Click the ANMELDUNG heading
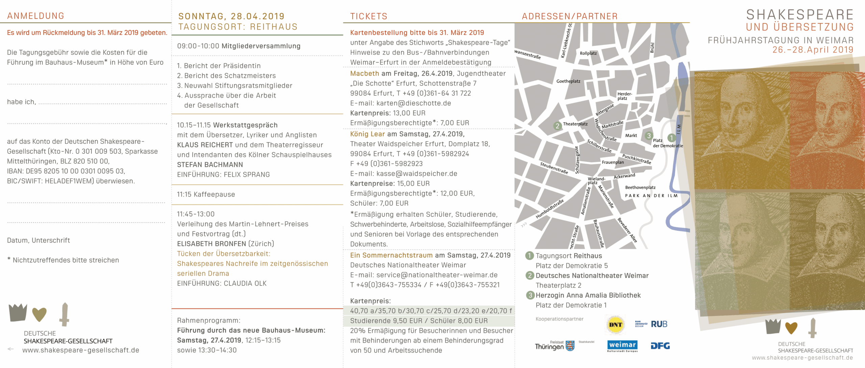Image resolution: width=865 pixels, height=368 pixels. pos(35,16)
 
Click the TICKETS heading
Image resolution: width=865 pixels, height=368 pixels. pos(369,16)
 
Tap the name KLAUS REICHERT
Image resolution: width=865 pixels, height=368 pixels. pos(205,145)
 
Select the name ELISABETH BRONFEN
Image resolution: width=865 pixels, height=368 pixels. pos(212,244)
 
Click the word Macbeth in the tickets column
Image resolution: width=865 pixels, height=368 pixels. pos(365,74)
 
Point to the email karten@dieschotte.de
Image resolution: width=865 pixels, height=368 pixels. pos(414,103)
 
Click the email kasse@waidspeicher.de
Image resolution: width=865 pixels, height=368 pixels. pos(417,174)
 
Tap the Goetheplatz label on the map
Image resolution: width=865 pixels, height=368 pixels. pos(568,81)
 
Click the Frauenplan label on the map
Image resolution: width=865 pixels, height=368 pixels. pos(613,162)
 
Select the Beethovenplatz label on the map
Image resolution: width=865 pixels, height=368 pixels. pos(640,187)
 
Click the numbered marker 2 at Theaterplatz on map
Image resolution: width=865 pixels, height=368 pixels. pos(557,126)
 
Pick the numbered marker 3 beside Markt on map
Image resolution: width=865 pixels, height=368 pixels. pos(648,136)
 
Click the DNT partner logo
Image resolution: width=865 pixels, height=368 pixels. pos(615,324)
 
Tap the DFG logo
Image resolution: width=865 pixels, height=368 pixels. pos(660,346)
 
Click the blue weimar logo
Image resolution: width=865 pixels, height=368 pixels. pos(622,345)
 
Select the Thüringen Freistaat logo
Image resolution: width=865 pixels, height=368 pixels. pos(554,346)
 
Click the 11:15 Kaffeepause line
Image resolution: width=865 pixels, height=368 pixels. pos(206,194)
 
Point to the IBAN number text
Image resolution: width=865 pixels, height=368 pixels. pos(66,171)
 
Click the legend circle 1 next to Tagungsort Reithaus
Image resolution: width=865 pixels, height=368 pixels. pos(529,256)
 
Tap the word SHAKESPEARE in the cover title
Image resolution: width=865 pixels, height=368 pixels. pos(800,15)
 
